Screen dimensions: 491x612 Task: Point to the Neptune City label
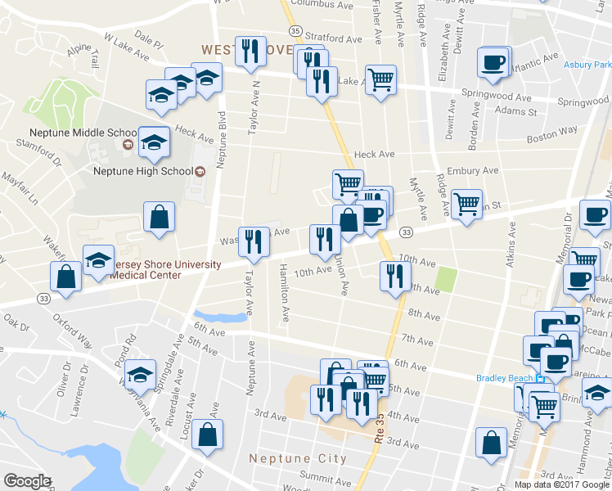pos(298,458)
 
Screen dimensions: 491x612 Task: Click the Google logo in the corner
pos(27,481)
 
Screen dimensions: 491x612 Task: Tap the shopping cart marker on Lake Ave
pos(380,80)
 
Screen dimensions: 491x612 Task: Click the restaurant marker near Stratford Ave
pos(248,52)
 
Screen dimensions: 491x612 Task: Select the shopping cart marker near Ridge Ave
pos(466,205)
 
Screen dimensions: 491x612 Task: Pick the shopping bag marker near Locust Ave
pos(209,435)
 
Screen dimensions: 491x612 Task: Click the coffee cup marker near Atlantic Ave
pos(493,62)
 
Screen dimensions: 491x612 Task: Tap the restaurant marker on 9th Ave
pos(395,276)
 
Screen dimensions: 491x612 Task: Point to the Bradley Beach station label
pos(504,377)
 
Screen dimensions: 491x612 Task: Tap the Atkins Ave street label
pos(513,245)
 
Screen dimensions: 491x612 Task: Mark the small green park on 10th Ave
pos(445,280)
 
